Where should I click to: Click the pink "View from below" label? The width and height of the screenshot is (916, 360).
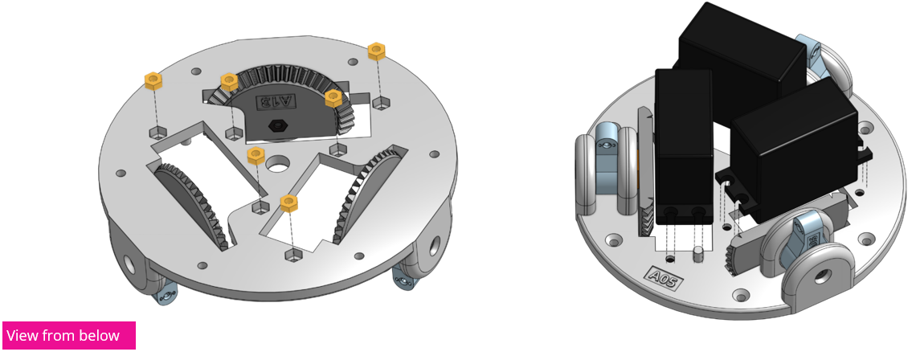pyautogui.click(x=69, y=335)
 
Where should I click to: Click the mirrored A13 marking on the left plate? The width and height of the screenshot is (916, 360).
pyautogui.click(x=275, y=103)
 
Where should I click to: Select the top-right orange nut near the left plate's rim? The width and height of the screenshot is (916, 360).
pyautogui.click(x=376, y=51)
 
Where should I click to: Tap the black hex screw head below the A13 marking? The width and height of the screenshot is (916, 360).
pyautogui.click(x=277, y=125)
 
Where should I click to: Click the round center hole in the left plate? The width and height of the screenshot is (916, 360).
pyautogui.click(x=278, y=164)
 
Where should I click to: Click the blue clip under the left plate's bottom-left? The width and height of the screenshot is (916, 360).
pyautogui.click(x=166, y=297)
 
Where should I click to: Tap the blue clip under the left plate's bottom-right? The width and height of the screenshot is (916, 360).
pyautogui.click(x=403, y=277)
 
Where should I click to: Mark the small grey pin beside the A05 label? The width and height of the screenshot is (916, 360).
pyautogui.click(x=698, y=256)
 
